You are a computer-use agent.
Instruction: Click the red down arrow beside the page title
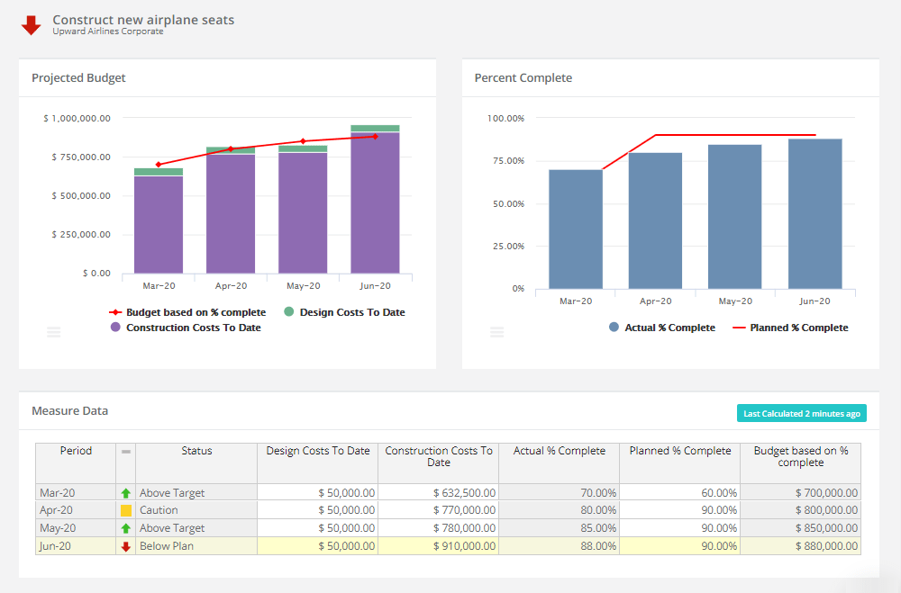[32, 25]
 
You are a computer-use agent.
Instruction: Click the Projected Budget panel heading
[78, 78]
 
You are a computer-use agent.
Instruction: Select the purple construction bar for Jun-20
[375, 202]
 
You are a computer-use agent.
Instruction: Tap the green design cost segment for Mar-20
[159, 172]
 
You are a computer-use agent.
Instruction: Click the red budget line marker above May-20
[303, 141]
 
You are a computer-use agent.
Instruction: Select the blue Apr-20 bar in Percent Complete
[655, 220]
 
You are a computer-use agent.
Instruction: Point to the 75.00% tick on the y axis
[505, 161]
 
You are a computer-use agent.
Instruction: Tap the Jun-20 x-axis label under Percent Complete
[815, 301]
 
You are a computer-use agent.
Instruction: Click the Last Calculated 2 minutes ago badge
[801, 414]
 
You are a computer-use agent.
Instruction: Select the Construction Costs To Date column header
[439, 456]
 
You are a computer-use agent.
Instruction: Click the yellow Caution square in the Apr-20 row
[126, 510]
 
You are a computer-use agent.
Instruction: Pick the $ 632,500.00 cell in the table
[438, 493]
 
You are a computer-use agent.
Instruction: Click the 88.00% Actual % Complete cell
[559, 546]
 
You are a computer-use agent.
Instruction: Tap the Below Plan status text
[167, 546]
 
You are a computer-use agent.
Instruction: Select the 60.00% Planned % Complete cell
[679, 493]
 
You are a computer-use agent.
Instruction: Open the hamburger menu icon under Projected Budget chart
[54, 332]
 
